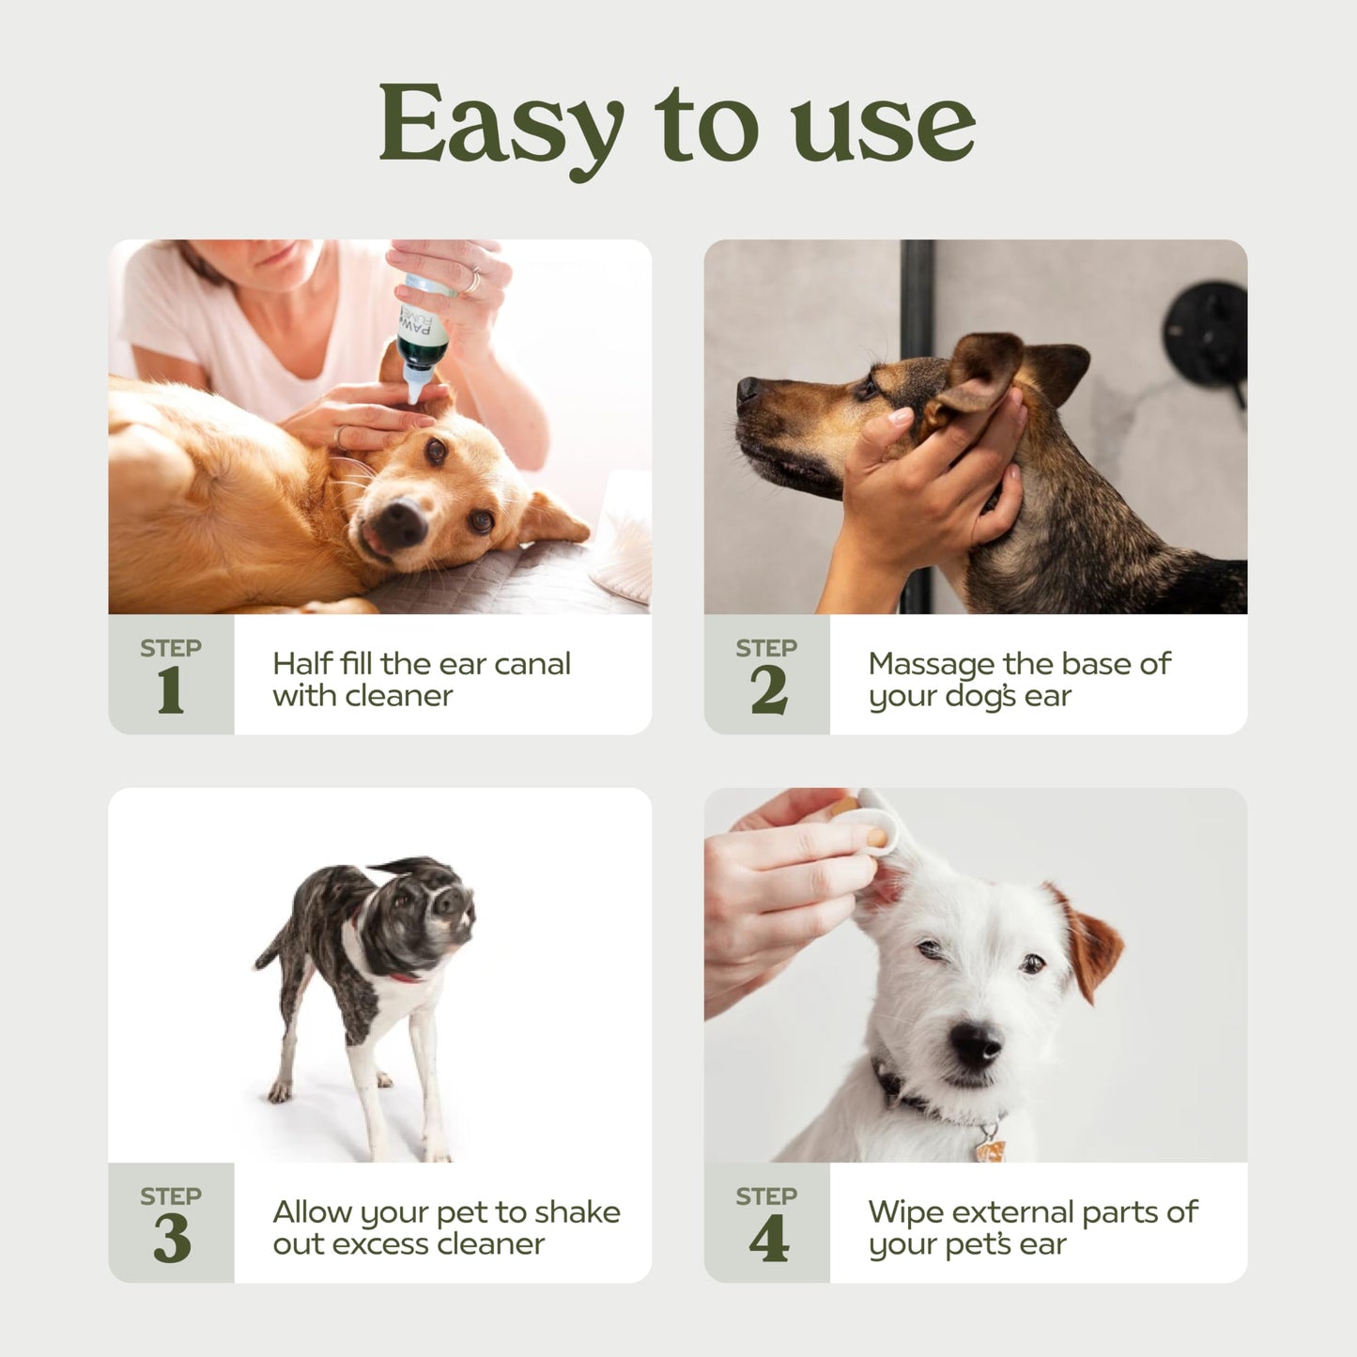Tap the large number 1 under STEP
(x=170, y=691)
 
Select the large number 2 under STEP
(x=768, y=691)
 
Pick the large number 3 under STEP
(x=172, y=1240)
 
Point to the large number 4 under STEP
(x=768, y=1240)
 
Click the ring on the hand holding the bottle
(x=473, y=280)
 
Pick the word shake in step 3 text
(x=577, y=1212)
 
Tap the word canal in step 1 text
(x=532, y=664)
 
